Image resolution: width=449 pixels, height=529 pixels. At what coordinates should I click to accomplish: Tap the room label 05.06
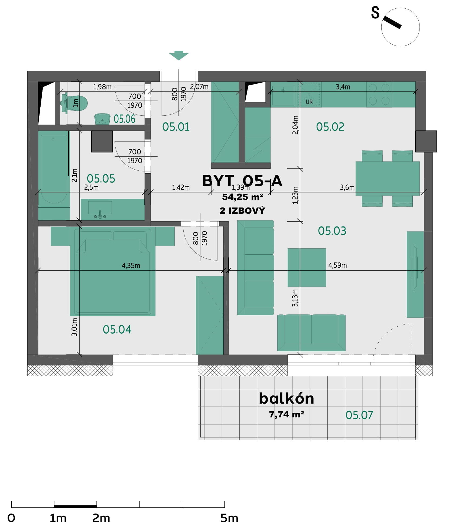(x=124, y=119)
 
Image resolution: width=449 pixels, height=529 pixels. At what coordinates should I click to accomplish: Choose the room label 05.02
(x=330, y=127)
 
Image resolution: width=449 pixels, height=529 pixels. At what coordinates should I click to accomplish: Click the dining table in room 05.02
(x=388, y=179)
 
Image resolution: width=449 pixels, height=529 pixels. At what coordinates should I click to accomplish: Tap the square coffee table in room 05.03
(x=307, y=267)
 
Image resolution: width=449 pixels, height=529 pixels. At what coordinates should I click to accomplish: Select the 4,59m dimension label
(x=337, y=265)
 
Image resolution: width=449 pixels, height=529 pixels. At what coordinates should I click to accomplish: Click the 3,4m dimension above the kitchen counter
(x=343, y=87)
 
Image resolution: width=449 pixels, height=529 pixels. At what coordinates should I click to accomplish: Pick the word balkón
(x=287, y=398)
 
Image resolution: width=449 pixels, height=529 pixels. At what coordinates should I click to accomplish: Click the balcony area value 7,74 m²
(x=287, y=414)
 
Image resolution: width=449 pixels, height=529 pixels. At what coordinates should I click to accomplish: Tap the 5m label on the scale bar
(x=229, y=518)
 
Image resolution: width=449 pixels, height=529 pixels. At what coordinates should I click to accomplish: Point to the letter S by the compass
(x=375, y=13)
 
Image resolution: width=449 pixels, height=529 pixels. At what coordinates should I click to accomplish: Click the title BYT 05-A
(x=242, y=181)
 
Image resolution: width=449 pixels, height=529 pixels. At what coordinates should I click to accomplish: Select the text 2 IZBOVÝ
(x=242, y=210)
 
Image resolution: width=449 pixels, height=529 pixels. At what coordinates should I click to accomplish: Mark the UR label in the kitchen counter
(x=309, y=102)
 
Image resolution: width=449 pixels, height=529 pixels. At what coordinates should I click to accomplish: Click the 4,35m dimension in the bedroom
(x=131, y=265)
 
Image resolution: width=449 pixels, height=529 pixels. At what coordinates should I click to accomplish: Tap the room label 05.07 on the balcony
(x=359, y=415)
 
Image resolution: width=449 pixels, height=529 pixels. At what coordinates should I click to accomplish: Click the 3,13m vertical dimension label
(x=295, y=298)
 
